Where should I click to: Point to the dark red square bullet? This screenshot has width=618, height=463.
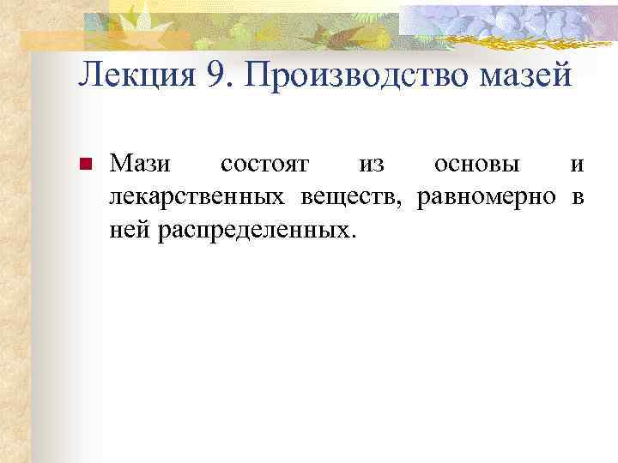tap(84, 165)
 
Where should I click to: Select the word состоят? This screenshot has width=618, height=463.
tap(261, 164)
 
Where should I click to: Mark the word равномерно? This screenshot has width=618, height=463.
tap(487, 197)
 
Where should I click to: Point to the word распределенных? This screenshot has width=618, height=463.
tap(254, 231)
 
